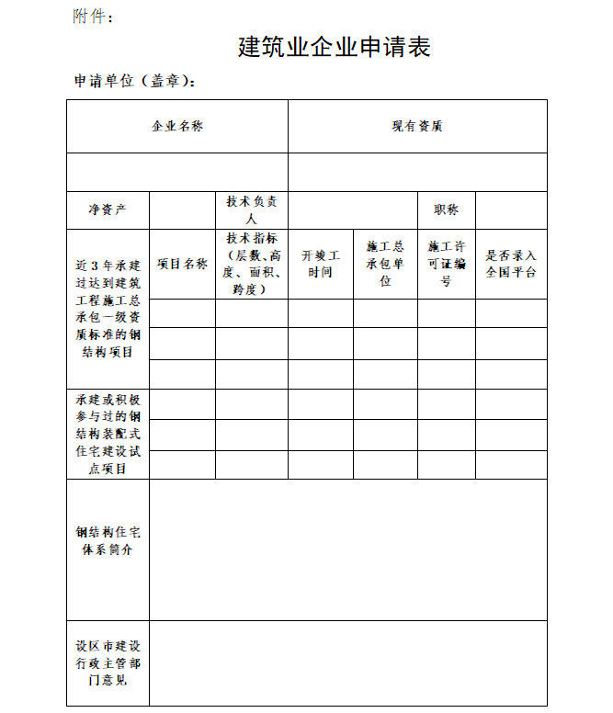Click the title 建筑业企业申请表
(x=334, y=47)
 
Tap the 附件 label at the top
(x=94, y=16)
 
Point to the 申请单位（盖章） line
(x=135, y=81)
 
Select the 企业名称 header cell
(x=177, y=127)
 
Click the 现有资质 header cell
(x=417, y=127)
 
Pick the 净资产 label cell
(x=108, y=210)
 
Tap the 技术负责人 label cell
(x=252, y=210)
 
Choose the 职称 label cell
(x=447, y=210)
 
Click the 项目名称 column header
(x=182, y=264)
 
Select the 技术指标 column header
(x=252, y=264)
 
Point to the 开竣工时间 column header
(x=321, y=264)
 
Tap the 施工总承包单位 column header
(x=385, y=264)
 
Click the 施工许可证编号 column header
(x=447, y=264)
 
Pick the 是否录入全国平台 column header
(x=511, y=264)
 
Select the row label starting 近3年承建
(x=108, y=309)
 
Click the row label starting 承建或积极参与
(x=108, y=434)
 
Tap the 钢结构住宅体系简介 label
(x=108, y=541)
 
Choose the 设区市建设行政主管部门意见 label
(x=108, y=662)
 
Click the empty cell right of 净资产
(x=182, y=210)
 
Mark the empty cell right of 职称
(x=511, y=210)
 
